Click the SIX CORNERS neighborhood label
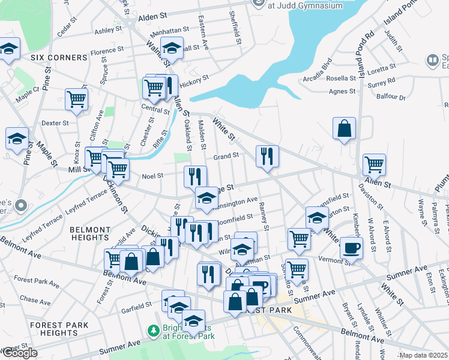59,58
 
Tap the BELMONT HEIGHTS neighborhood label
90,234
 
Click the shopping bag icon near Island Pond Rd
344,128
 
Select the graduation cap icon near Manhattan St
172,48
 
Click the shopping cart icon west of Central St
76,99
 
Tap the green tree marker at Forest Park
154,331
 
